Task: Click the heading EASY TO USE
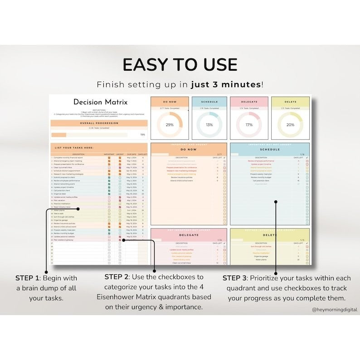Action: click(x=180, y=65)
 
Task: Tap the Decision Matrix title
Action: click(x=100, y=102)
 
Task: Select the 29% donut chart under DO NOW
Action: click(x=170, y=125)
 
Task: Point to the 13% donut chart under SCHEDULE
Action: click(x=209, y=125)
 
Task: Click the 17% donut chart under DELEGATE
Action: click(x=249, y=125)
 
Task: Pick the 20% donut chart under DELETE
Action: click(x=290, y=125)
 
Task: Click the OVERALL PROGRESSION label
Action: click(x=99, y=123)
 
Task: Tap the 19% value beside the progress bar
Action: click(x=142, y=135)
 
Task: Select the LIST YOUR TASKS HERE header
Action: click(x=74, y=148)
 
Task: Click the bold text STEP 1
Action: click(x=27, y=278)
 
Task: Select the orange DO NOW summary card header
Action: click(x=170, y=102)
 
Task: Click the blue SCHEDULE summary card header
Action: click(x=209, y=102)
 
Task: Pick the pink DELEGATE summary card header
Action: click(x=249, y=102)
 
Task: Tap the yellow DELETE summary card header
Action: click(x=290, y=102)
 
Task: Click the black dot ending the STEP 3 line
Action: click(x=275, y=202)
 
